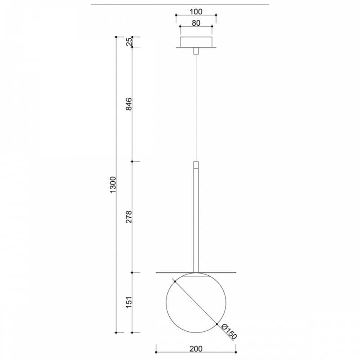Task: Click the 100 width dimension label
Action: [196, 12]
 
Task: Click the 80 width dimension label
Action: [196, 23]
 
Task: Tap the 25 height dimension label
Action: [130, 41]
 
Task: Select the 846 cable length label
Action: [129, 104]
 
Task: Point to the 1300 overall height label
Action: [113, 185]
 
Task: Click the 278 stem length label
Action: [129, 217]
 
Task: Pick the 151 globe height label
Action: [129, 302]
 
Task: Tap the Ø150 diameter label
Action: [229, 332]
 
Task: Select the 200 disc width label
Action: [196, 349]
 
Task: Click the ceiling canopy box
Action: [196, 42]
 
